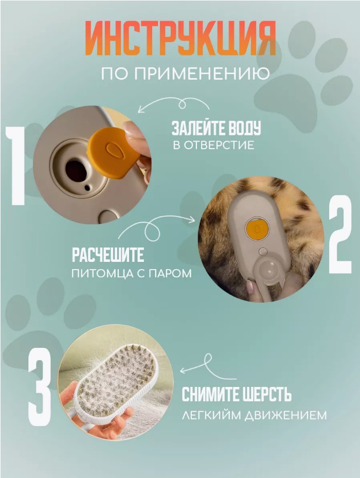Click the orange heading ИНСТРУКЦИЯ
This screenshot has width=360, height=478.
click(x=180, y=38)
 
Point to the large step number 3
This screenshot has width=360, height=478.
click(x=39, y=386)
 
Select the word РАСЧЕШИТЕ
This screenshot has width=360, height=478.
click(x=108, y=255)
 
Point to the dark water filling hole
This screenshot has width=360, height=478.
click(x=77, y=171)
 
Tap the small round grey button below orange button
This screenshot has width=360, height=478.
click(x=263, y=252)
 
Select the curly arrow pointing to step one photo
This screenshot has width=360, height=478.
click(x=174, y=104)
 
